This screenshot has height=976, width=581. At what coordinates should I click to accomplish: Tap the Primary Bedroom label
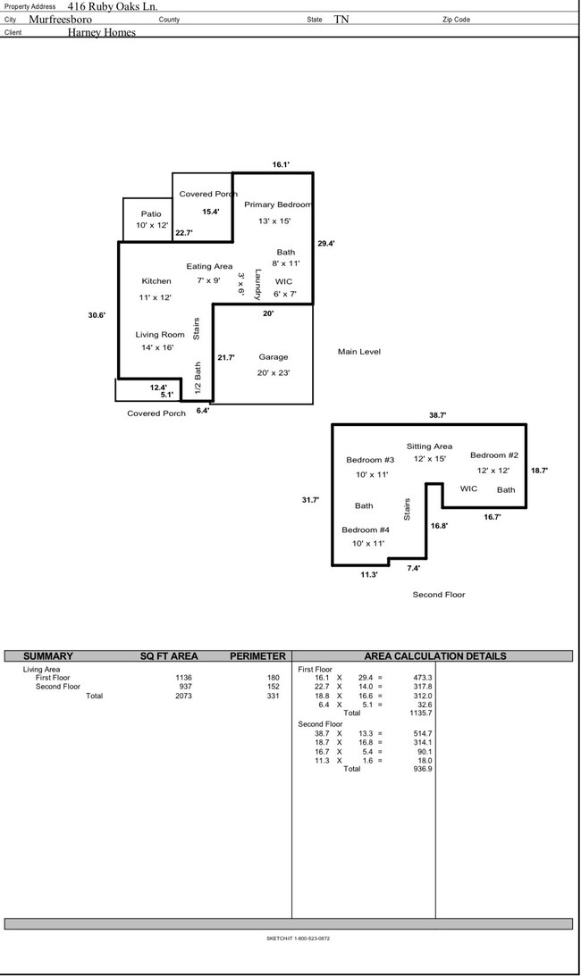pos(277,204)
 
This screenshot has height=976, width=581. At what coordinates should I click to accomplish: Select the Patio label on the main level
pos(151,213)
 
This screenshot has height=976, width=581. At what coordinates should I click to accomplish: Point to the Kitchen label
pos(156,281)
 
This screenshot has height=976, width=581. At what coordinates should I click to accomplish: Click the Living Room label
pos(160,335)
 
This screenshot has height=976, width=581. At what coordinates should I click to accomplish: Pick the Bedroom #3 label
pos(370,460)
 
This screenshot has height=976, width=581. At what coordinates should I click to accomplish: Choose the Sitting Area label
pos(429,446)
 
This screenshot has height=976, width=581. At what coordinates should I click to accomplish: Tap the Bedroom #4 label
pos(365,530)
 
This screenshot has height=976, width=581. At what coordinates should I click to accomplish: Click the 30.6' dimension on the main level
pos(97,314)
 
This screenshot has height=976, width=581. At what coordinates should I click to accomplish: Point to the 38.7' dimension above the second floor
pos(437,415)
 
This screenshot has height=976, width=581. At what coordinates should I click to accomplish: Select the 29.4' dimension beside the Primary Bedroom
pos(326,244)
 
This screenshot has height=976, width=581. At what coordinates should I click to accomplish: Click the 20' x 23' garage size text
pos(273,372)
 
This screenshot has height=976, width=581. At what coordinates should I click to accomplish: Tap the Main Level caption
pos(359,352)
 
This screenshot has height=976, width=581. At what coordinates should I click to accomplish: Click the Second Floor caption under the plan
pos(438,594)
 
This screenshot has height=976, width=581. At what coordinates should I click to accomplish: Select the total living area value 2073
pos(184,696)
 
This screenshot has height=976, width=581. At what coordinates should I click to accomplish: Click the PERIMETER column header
pos(257,656)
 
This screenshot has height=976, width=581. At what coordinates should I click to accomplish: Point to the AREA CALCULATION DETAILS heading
pos(435,656)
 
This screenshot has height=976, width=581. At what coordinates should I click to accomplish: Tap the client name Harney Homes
pos(102,33)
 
